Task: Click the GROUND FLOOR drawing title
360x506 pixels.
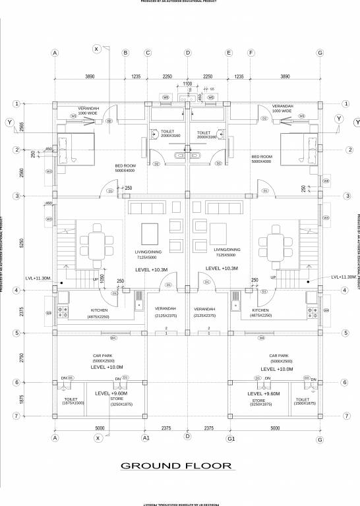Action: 177,466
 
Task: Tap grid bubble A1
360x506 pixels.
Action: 146,437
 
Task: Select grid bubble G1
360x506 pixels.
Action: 231,437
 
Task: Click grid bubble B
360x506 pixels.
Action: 125,53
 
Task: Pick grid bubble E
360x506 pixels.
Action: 229,53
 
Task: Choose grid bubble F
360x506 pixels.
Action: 251,53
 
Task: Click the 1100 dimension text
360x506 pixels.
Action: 187,84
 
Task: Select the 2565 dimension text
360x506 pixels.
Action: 22,126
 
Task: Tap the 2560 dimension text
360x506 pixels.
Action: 22,173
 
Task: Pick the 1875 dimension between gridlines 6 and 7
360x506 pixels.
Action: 22,399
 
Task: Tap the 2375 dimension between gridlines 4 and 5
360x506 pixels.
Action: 22,312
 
